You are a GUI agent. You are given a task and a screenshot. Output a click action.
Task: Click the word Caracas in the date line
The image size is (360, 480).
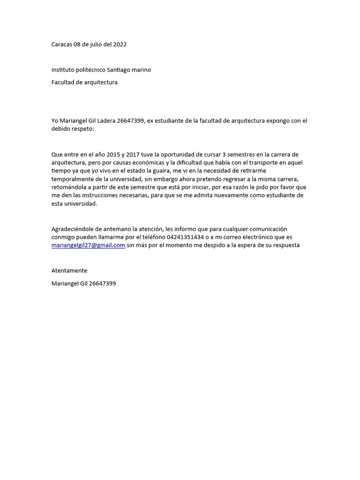click(61, 45)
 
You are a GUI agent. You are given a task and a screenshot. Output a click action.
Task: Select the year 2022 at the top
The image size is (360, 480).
click(120, 45)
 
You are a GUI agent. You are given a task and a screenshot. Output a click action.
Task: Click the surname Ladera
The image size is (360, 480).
click(105, 121)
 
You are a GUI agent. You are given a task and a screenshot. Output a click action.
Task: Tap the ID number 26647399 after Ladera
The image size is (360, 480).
click(130, 121)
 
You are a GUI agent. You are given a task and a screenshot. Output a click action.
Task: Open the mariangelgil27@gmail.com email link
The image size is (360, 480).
click(88, 245)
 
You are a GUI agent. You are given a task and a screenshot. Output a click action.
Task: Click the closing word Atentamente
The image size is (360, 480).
click(69, 271)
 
